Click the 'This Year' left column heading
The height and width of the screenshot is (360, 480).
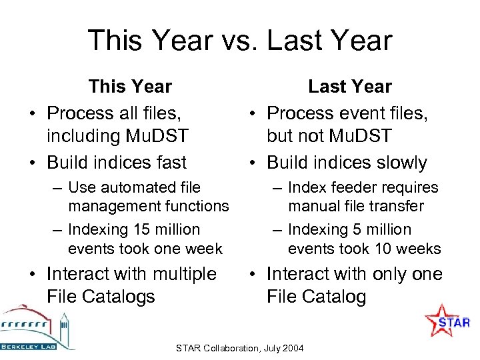[131, 87]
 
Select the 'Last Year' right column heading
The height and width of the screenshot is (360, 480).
[349, 87]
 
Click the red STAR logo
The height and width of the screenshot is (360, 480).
[447, 321]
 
